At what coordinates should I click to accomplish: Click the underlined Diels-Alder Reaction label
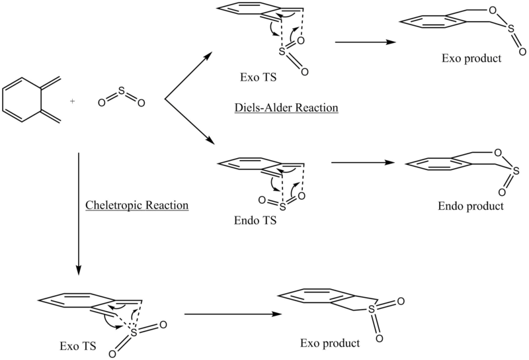286,108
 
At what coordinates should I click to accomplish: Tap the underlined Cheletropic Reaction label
137,205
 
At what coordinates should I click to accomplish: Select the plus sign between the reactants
72,101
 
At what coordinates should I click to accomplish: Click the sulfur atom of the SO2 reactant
122,92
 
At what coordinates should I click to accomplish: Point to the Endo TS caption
255,220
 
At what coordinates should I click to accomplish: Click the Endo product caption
471,206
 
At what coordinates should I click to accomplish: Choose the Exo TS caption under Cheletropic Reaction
78,346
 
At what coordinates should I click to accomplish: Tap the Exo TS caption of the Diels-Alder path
258,77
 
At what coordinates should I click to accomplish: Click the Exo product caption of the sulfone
330,343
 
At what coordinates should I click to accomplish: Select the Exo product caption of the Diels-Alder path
471,58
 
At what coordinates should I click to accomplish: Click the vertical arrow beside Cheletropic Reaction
78,214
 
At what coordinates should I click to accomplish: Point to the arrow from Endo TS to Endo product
363,162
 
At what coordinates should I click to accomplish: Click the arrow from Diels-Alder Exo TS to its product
366,42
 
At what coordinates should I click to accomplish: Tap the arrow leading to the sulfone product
233,314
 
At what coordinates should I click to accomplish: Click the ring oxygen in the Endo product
498,153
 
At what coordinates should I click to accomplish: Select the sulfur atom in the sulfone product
372,309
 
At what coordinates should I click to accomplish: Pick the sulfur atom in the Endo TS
283,206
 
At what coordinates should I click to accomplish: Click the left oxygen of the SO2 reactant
102,103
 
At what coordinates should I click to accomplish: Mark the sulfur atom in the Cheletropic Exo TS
134,333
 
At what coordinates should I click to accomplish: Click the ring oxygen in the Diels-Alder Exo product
493,11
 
